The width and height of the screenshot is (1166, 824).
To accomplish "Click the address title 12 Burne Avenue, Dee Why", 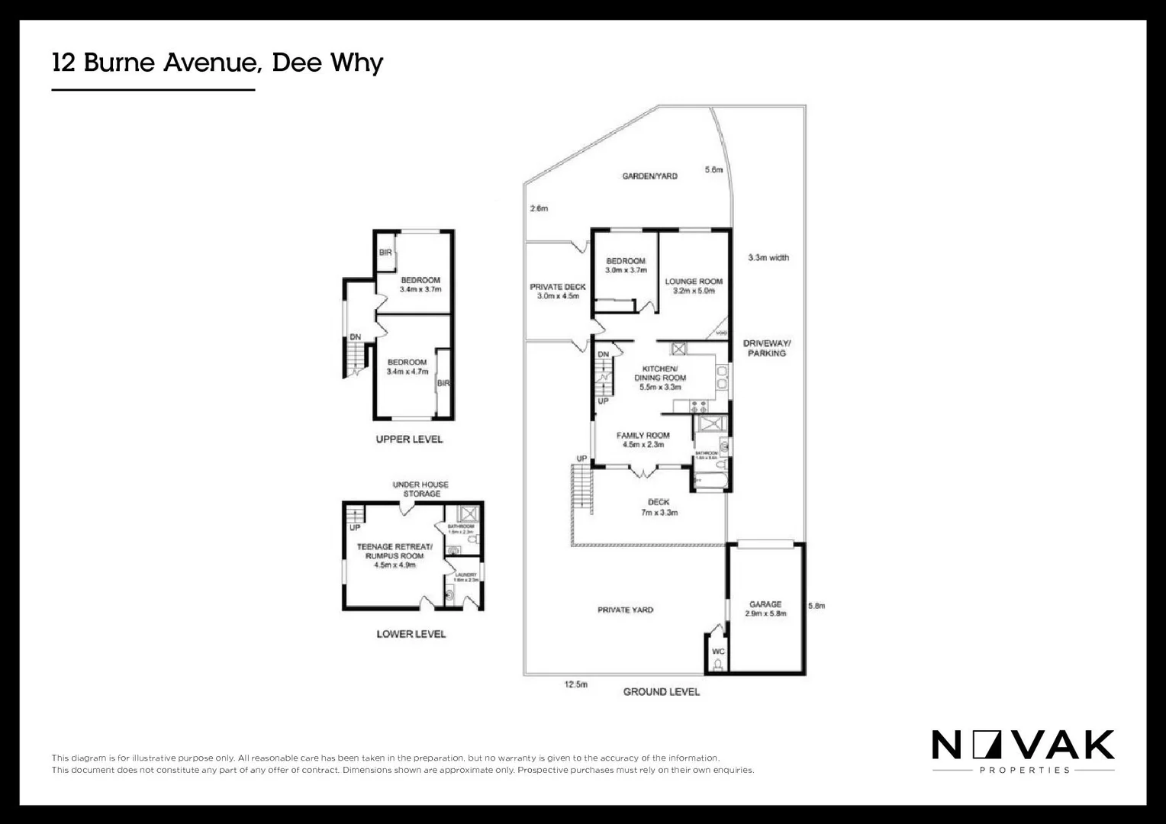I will [x=217, y=63].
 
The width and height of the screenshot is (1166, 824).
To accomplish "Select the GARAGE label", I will [x=765, y=608].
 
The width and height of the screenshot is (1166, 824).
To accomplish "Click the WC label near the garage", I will [x=718, y=652].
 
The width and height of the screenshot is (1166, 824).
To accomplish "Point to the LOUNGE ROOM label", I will [x=694, y=285].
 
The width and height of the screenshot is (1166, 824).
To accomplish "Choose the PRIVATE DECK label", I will [x=558, y=291].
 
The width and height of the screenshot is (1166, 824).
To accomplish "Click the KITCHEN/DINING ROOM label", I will [x=660, y=378].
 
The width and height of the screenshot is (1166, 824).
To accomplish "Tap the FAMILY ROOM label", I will [x=643, y=439].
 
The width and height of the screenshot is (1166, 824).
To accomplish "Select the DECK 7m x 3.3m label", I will [x=659, y=507].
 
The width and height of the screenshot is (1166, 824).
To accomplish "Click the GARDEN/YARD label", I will [x=649, y=176].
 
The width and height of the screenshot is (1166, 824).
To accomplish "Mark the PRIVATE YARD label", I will [x=625, y=610].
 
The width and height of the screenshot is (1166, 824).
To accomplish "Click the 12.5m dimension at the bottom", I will [x=576, y=684].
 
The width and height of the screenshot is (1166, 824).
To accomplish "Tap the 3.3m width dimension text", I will [x=768, y=258].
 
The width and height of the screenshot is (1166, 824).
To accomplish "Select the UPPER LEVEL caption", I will [x=409, y=439].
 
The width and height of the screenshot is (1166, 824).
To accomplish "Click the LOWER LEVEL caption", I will [x=411, y=634].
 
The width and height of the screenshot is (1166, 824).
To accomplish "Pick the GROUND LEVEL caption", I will [x=661, y=692].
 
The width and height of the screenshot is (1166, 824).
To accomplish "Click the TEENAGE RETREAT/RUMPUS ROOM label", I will [x=395, y=555].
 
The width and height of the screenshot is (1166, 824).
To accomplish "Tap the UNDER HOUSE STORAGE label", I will [x=420, y=489].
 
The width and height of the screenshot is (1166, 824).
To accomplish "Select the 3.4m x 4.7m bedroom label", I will [x=407, y=367].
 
